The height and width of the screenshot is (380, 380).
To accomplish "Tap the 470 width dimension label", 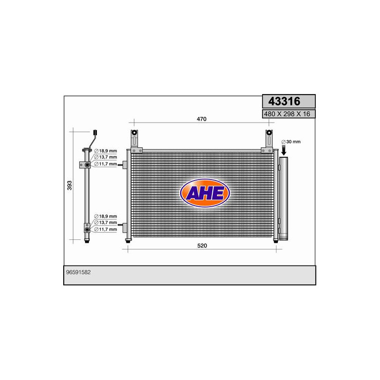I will [x=201, y=119].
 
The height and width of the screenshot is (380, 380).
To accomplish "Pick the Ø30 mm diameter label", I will [x=292, y=142].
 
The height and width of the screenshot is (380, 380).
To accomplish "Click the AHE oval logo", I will [x=205, y=193].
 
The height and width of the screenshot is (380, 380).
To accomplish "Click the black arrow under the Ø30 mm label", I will [x=284, y=151].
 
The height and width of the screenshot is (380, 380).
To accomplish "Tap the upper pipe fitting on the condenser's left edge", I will [x=125, y=165].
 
